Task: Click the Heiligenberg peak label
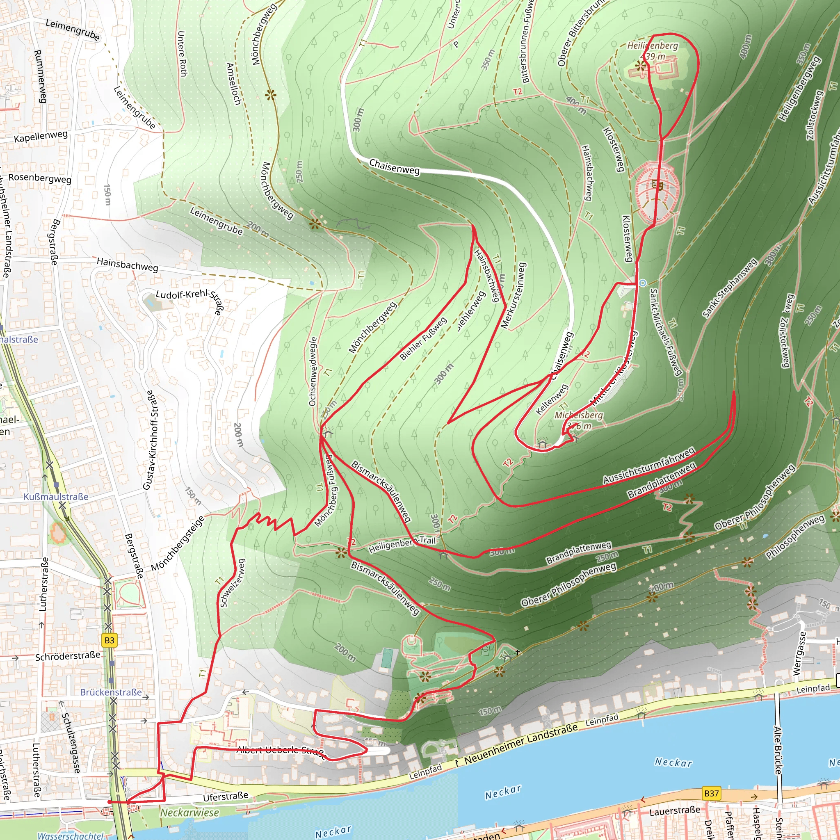click(x=652, y=46)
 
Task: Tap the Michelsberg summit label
click(x=579, y=415)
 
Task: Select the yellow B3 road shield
click(x=110, y=640)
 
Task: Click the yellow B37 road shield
click(x=711, y=793)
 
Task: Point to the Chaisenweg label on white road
click(x=394, y=167)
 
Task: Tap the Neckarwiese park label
click(x=189, y=812)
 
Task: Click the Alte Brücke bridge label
click(x=778, y=750)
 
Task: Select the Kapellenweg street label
click(x=41, y=137)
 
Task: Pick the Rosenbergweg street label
click(x=40, y=178)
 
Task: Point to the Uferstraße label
click(x=226, y=797)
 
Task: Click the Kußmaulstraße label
click(x=56, y=497)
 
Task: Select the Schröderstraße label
click(x=67, y=656)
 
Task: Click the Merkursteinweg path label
click(x=514, y=295)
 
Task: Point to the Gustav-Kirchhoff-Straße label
click(x=149, y=440)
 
